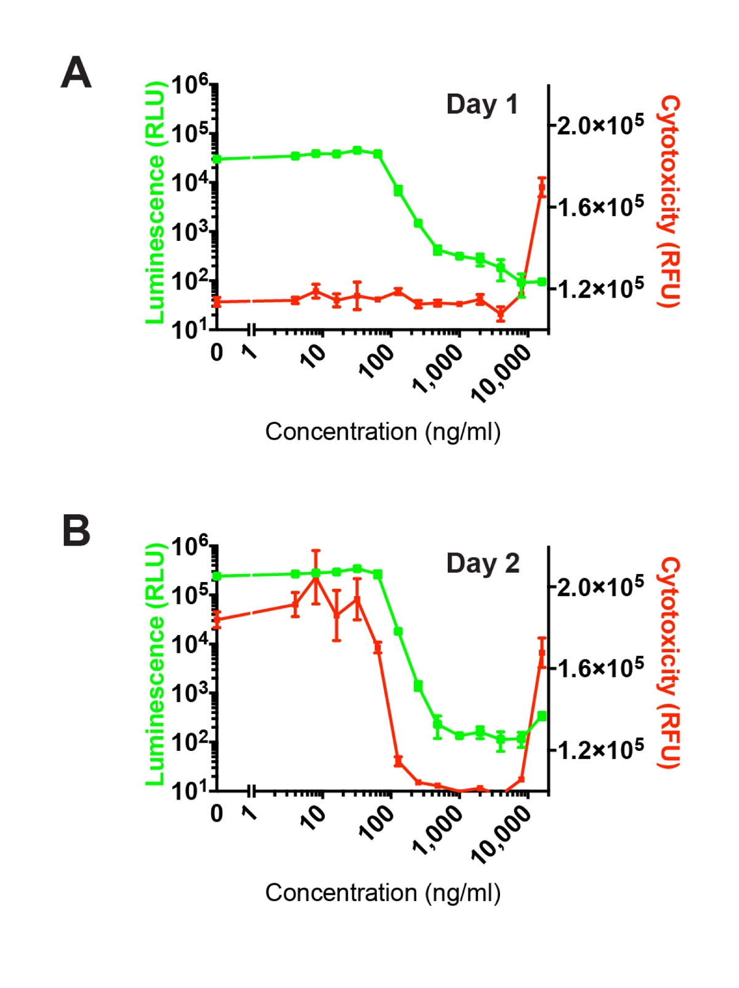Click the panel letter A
pos(76,73)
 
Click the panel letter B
pos(76,531)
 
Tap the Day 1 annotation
pos(482,105)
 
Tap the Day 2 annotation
pos(483,564)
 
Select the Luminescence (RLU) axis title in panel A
pos(156,202)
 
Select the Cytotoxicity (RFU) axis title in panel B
pos(669,663)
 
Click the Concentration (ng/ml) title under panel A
pos(382,432)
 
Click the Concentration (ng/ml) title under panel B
pos(382,893)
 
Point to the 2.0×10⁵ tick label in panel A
pos(600,124)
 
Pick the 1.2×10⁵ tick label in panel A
pos(600,287)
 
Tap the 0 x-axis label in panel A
pos(217,353)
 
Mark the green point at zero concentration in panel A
pos(217,159)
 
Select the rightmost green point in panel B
pos(542,716)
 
